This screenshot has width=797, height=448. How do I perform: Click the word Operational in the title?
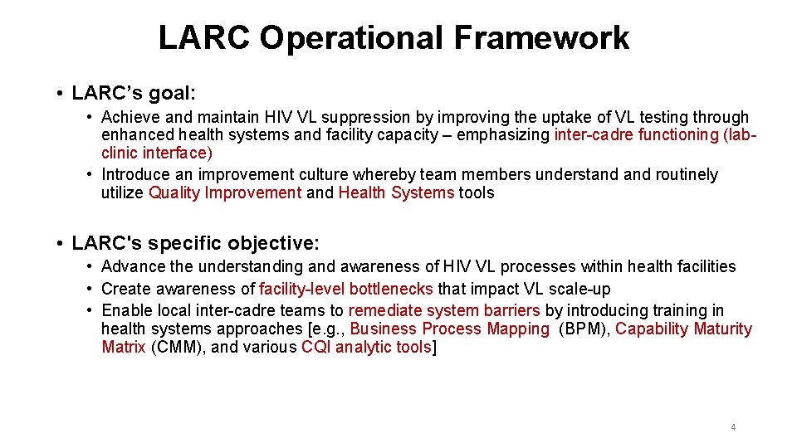click(x=353, y=38)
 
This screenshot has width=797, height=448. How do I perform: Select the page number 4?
click(x=733, y=427)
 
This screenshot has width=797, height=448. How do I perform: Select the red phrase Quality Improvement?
click(x=225, y=192)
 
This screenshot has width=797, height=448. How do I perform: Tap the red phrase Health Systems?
click(x=396, y=192)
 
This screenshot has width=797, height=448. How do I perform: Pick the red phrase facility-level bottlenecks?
click(x=346, y=289)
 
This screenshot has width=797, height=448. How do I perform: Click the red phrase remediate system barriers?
click(x=444, y=310)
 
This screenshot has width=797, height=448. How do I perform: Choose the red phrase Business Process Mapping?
click(x=449, y=329)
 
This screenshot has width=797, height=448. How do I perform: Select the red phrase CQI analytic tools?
click(x=366, y=347)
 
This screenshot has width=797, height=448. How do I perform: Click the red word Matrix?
click(x=124, y=347)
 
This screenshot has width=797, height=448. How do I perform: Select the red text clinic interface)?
click(x=156, y=153)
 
